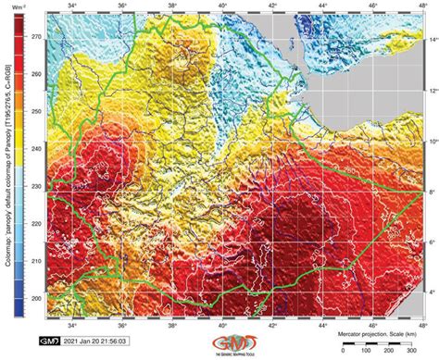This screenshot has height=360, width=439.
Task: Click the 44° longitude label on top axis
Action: (x=320, y=6)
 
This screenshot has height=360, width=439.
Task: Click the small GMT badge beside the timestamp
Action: (x=50, y=340)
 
